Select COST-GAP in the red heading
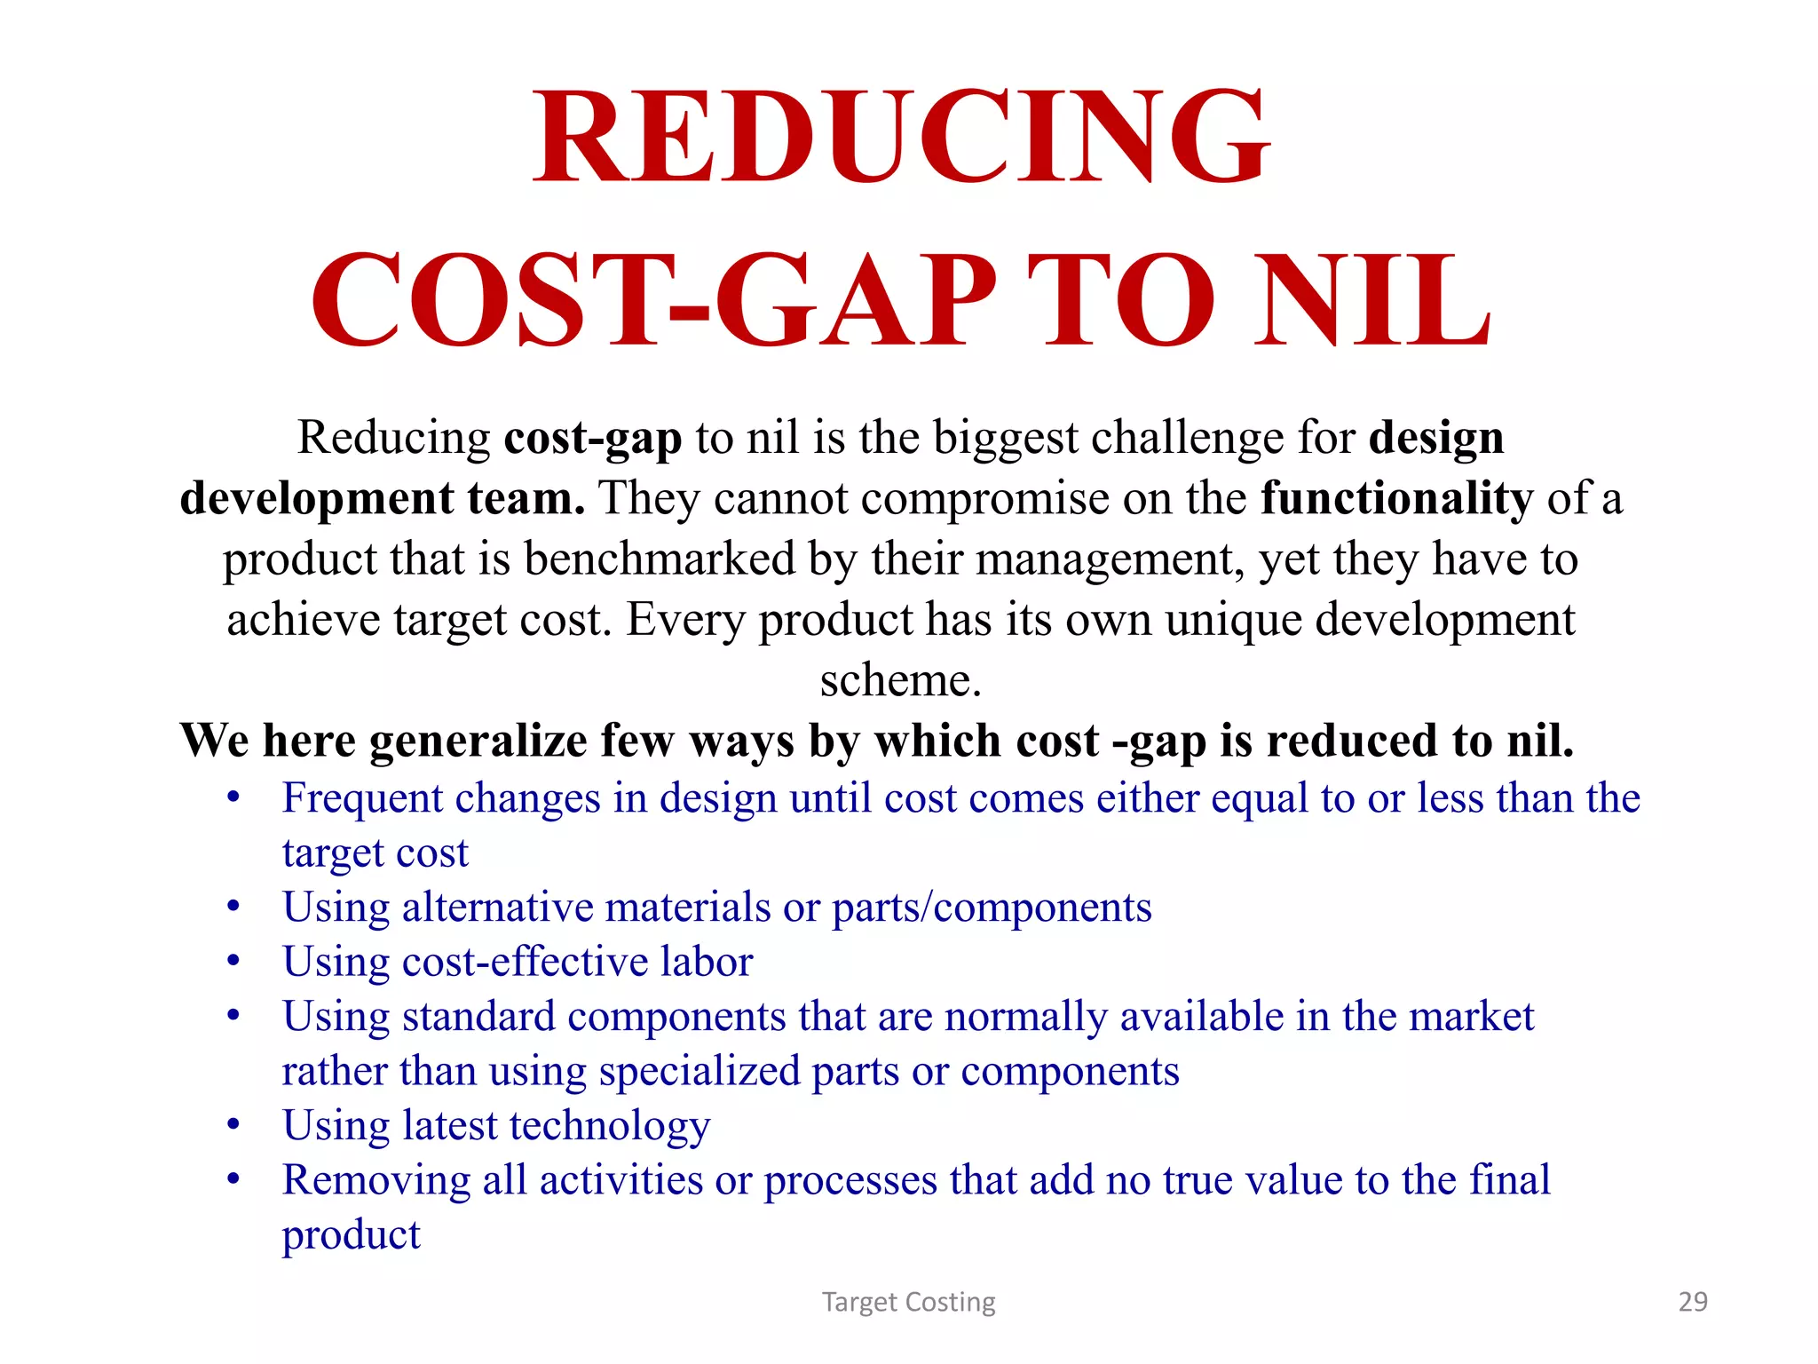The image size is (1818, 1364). pos(654,302)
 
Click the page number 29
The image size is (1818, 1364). pos(1693,1302)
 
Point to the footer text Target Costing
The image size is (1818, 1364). pos(908,1302)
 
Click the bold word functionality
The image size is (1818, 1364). pos(1396,498)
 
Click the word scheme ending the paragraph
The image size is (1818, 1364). pos(899,680)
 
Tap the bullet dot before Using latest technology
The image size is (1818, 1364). pos(233,1126)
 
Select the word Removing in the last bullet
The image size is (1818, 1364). pos(376,1181)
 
